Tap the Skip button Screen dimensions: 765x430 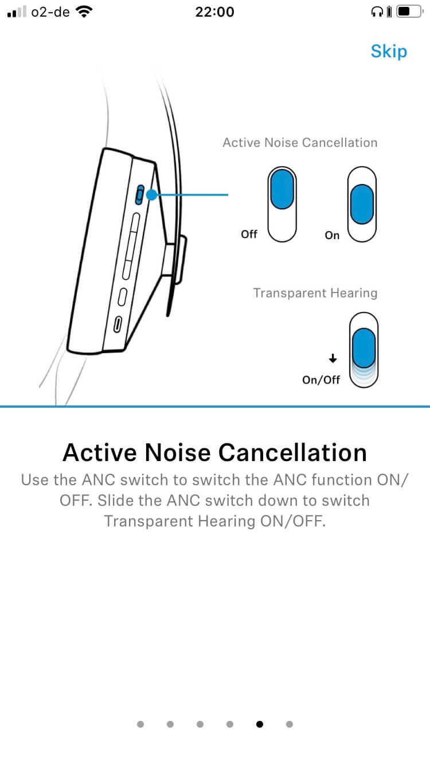click(x=389, y=51)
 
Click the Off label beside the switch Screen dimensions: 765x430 click(x=249, y=234)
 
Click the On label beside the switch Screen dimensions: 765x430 click(x=332, y=235)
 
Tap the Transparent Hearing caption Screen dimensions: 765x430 click(x=315, y=293)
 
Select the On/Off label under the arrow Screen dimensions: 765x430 click(x=321, y=380)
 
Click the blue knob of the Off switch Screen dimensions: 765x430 click(x=283, y=189)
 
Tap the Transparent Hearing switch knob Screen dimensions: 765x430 click(x=363, y=347)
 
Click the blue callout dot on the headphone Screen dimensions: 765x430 click(x=151, y=195)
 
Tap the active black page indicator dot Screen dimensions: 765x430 click(x=260, y=724)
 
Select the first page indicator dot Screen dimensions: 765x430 click(x=140, y=724)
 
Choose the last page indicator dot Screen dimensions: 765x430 click(x=290, y=724)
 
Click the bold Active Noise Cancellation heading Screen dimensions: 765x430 click(x=214, y=452)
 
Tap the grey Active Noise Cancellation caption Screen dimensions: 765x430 click(x=300, y=143)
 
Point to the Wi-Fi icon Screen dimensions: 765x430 click(x=85, y=11)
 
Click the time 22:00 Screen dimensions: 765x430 click(x=214, y=11)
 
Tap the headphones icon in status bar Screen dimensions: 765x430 click(x=377, y=11)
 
